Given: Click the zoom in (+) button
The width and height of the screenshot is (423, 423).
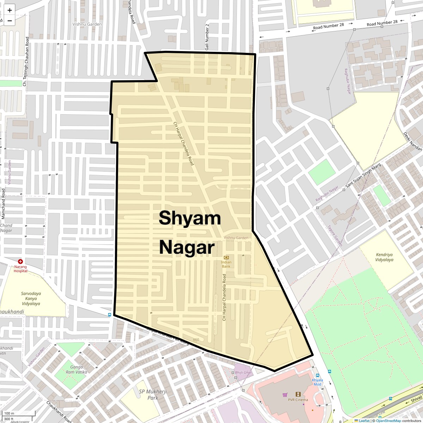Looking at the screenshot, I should pos(10,10).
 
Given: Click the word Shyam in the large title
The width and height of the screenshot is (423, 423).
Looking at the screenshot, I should pos(190,218).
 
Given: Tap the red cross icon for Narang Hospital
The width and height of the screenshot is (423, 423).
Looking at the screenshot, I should pos(20,262).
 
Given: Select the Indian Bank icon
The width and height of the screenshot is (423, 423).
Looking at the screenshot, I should pos(226,257).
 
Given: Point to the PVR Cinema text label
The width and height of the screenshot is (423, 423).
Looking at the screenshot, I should pos(298,400).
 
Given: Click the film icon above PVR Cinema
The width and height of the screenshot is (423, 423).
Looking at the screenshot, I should pos(298,394).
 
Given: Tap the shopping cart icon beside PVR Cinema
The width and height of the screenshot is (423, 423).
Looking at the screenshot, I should pos(285,395).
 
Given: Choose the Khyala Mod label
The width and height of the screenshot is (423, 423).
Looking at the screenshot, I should pos(317,382).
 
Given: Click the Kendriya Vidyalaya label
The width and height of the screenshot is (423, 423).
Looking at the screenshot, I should pos(384,257).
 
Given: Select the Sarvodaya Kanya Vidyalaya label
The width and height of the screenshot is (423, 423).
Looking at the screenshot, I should pos(31,298).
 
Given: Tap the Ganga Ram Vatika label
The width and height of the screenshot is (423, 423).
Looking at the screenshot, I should pos(76,369).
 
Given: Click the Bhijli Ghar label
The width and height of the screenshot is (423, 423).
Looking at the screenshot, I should pos(243,373).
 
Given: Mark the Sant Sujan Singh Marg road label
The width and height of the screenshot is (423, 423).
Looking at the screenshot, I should pos(363,175).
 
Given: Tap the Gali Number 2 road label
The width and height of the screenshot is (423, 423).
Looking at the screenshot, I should pos(207,37).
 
